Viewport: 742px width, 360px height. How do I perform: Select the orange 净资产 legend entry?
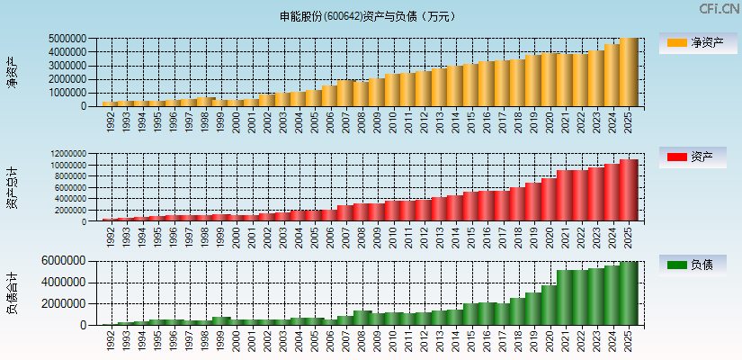click(698, 42)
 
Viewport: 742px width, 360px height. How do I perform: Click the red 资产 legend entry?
click(698, 157)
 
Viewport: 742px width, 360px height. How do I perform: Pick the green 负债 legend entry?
click(698, 265)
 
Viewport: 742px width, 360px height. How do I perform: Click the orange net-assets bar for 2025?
click(629, 72)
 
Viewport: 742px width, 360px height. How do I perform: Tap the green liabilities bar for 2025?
click(629, 293)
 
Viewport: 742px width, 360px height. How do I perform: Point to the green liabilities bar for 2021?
click(566, 297)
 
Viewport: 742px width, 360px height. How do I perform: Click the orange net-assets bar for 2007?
click(345, 94)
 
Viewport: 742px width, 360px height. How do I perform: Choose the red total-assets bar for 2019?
click(534, 202)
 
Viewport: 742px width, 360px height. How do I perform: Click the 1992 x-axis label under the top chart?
click(111, 121)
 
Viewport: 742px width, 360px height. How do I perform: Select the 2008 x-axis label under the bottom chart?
click(362, 339)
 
